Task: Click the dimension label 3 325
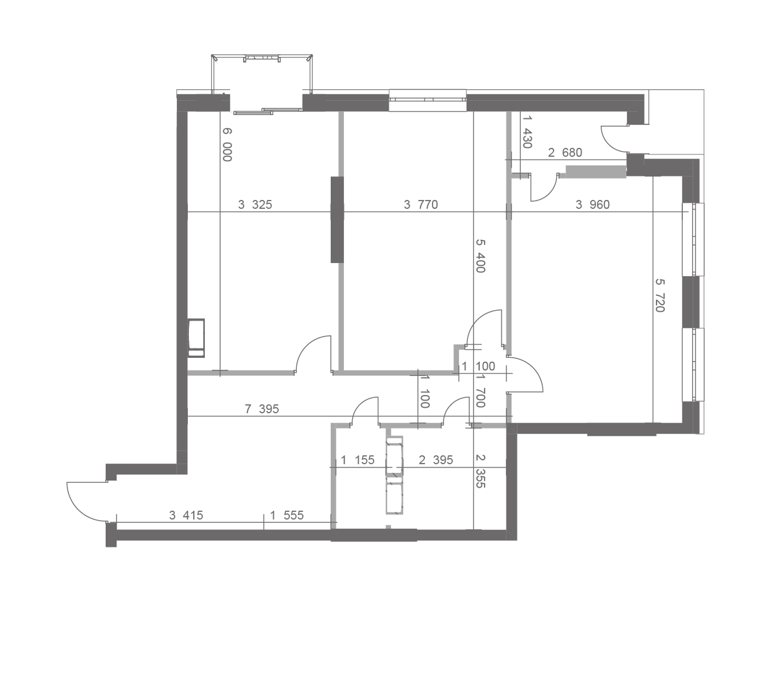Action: coord(255,204)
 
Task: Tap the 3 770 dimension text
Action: coord(421,204)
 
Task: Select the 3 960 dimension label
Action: coord(592,204)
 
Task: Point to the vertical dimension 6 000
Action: coord(227,144)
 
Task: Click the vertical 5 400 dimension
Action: coord(481,256)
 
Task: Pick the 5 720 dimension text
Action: coord(660,295)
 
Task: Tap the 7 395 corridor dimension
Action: coord(262,409)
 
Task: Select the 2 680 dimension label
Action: coord(565,153)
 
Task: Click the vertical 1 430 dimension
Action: coord(527,132)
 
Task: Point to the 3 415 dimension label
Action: coord(186,515)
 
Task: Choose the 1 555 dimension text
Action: coord(286,515)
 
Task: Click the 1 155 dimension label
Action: coord(358,460)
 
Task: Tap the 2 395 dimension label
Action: coord(436,460)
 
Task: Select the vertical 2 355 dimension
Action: coord(481,471)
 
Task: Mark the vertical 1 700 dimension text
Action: coord(481,392)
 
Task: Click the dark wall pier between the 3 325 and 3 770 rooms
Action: coord(337,220)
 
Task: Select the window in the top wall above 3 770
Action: coord(428,100)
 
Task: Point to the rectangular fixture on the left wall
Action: coord(196,338)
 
